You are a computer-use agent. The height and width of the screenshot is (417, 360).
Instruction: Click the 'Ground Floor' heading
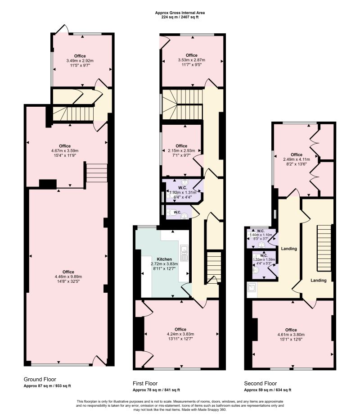[x=40, y=379]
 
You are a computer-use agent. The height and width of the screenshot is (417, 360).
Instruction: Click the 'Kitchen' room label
[x=164, y=259]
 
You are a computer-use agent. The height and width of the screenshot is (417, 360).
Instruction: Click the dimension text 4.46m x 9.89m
[x=68, y=277]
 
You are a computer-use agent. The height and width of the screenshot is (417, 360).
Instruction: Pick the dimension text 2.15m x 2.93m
[x=181, y=151]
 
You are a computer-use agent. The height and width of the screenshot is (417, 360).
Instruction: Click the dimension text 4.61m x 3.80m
[x=291, y=335]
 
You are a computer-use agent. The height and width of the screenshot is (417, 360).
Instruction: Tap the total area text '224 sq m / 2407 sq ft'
[x=179, y=17]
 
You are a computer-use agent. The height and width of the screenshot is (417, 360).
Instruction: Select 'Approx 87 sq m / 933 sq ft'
[x=47, y=386]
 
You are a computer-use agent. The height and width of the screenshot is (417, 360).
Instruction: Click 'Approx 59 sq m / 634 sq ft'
[x=267, y=390]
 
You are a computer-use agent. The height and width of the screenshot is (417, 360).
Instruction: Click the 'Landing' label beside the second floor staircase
[x=319, y=280]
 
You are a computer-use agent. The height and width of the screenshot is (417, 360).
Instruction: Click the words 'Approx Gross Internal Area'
[x=179, y=13]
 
